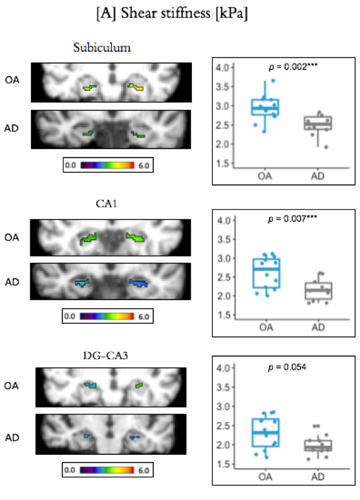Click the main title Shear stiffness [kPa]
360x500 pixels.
180,14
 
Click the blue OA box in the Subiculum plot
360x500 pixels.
265,107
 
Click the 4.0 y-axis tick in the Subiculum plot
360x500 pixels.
222,68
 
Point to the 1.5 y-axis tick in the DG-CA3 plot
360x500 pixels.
222,464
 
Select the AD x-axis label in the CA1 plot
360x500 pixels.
318,327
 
